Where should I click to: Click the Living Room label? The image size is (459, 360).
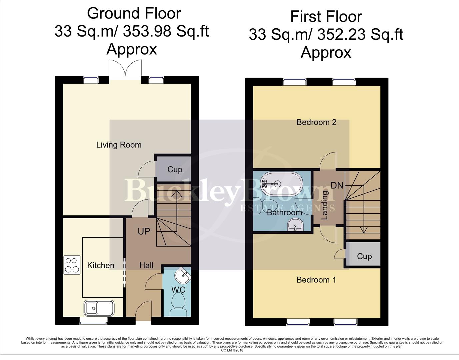pos(119,145)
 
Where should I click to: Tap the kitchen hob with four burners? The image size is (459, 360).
pos(72,265)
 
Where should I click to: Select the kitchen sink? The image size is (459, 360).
pos(98,308)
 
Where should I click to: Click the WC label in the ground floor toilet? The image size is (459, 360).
pos(178,290)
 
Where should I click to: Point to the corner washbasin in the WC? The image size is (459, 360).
pos(183,275)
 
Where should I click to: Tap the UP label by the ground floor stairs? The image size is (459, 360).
pos(144,231)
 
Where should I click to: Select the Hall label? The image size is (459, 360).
pos(146,265)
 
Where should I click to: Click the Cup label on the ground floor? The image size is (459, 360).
pos(175,170)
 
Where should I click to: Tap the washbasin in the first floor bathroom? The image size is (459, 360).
pos(295,225)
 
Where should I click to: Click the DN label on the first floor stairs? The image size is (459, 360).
pos(337,185)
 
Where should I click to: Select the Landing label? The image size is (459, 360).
pos(324,205)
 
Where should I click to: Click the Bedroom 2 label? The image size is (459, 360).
pos(316,122)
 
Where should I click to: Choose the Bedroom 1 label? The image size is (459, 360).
pos(316,280)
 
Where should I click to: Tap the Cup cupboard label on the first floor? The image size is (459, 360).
pos(364,256)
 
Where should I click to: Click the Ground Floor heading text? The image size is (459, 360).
pos(134,14)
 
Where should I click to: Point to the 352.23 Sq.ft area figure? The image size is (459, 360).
pos(360,34)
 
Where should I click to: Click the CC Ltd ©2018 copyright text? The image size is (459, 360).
pos(232,350)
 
